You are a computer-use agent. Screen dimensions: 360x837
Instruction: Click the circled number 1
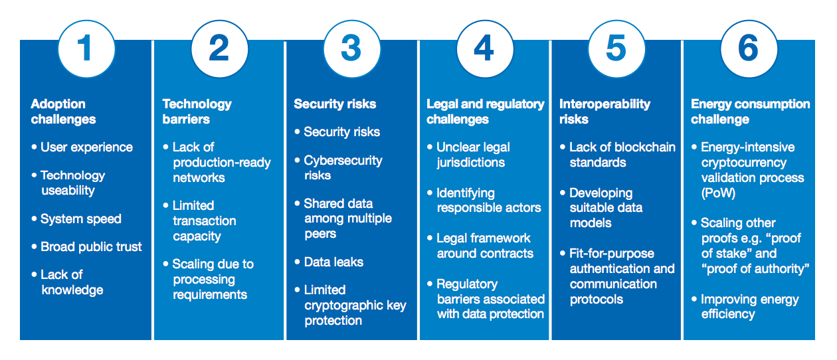[86, 48]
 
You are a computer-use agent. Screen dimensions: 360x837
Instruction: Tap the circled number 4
[484, 48]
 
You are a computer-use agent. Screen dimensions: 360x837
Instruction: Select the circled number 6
[749, 48]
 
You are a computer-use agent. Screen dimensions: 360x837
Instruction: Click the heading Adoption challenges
[63, 112]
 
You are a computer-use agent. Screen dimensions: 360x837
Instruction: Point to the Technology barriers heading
[197, 112]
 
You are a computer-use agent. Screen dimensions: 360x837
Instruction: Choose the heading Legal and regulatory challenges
[485, 112]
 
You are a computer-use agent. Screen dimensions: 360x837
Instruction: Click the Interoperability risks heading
[604, 112]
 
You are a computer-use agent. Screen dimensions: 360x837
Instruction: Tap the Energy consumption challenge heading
[750, 112]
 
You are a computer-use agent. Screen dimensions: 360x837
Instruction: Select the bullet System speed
[80, 219]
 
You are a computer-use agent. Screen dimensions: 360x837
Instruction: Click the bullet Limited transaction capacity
[204, 221]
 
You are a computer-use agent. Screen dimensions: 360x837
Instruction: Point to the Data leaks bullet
[333, 262]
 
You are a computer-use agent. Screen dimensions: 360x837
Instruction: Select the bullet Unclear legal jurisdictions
[472, 155]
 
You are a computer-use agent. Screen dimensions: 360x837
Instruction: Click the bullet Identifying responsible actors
[488, 200]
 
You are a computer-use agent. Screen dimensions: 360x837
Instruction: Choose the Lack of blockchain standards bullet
[622, 155]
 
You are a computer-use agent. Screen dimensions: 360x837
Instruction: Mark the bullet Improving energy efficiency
[749, 306]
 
